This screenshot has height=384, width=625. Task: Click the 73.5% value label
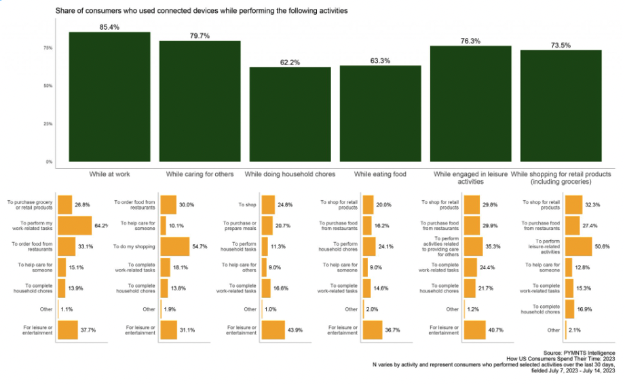tap(561, 45)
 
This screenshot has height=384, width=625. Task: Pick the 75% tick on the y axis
tap(48, 48)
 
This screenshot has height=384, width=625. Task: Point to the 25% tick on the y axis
tap(48, 124)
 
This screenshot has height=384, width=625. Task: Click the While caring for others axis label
tap(200, 174)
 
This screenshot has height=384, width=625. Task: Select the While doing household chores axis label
tap(290, 174)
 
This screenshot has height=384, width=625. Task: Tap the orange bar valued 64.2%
tap(75, 225)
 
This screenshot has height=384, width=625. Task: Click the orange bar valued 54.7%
tap(174, 246)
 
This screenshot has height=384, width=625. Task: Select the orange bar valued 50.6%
tap(578, 246)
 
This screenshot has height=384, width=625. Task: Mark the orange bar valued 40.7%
tap(474, 330)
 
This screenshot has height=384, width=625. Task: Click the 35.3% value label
tap(497, 246)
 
